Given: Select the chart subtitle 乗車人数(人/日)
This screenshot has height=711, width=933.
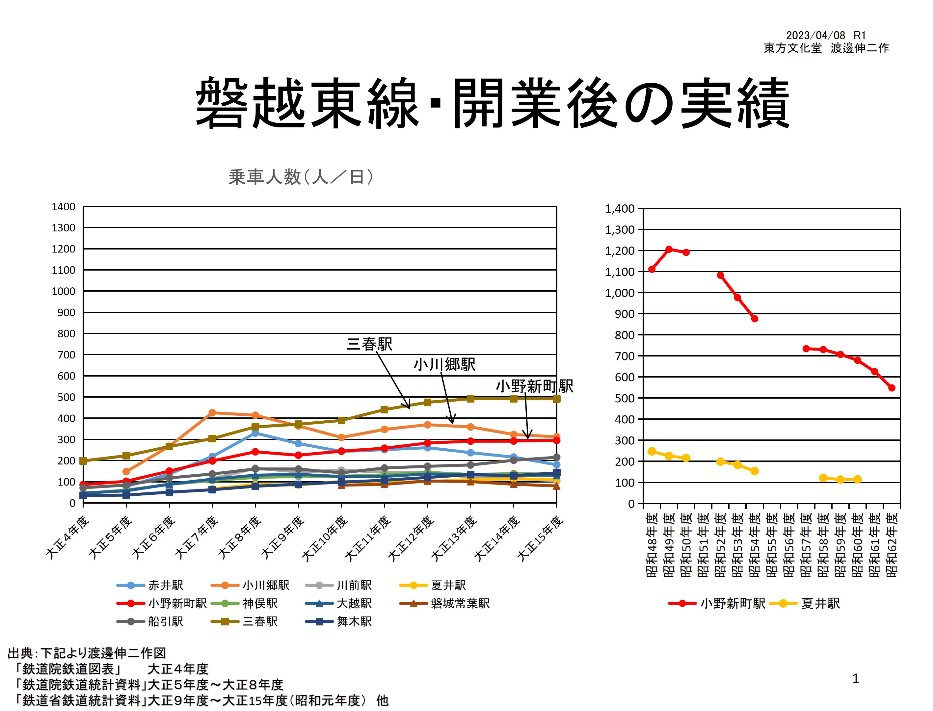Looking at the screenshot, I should tap(301, 177).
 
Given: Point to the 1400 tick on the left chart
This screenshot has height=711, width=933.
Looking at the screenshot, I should tap(64, 206).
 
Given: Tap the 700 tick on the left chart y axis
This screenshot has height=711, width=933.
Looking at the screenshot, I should tap(67, 355).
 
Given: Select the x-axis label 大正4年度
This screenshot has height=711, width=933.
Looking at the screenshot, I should tap(68, 538).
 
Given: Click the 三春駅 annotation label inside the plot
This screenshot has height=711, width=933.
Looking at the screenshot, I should tap(369, 344).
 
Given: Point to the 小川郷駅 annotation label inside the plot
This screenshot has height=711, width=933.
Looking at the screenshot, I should tap(444, 364).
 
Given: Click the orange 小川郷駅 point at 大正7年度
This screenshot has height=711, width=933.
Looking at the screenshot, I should tap(212, 413).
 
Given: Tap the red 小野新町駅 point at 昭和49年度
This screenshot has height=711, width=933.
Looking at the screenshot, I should tap(669, 249).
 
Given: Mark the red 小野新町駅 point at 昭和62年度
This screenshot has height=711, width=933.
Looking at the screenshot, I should tap(892, 388).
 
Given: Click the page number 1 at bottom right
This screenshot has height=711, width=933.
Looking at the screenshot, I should tap(855, 678).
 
